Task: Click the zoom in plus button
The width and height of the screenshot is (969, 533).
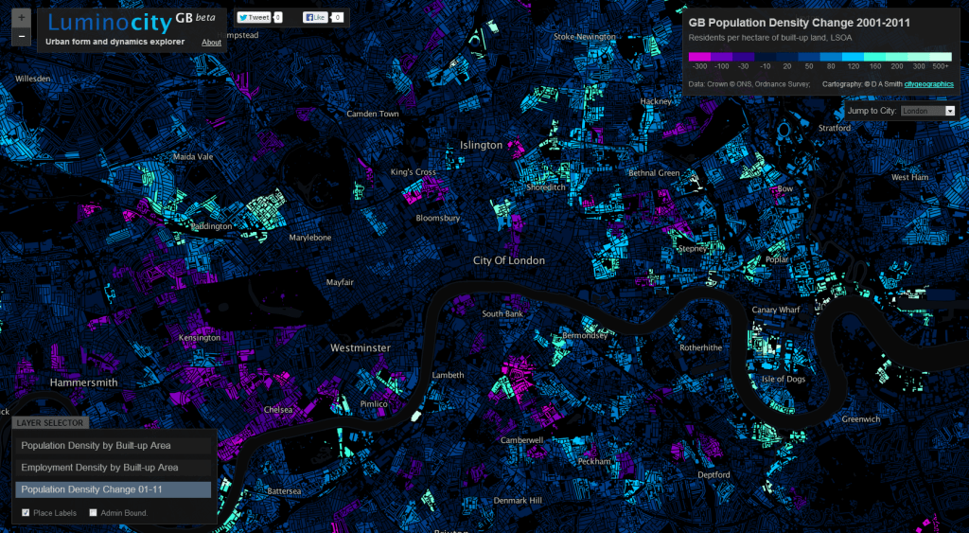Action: [x=22, y=18]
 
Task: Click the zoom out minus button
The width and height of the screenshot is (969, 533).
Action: [x=22, y=36]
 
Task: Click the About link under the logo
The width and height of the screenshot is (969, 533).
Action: [x=212, y=43]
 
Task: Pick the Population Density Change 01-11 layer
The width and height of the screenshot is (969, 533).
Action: [x=112, y=489]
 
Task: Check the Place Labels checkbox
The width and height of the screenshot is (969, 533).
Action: [x=26, y=513]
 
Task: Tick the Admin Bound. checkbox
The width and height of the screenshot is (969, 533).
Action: [x=93, y=513]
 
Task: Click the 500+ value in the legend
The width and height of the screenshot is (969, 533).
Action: [x=940, y=67]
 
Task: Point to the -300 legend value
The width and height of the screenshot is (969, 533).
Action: [x=700, y=67]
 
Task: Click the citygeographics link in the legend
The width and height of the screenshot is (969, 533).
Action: [x=928, y=84]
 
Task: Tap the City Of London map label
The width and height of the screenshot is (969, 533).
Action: [x=509, y=260]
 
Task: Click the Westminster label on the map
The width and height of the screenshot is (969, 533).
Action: [x=360, y=348]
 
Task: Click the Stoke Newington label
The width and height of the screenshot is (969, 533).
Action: [x=584, y=37]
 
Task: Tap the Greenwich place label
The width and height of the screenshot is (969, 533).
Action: [x=861, y=419]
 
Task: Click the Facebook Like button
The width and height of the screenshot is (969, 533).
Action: [x=315, y=17]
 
